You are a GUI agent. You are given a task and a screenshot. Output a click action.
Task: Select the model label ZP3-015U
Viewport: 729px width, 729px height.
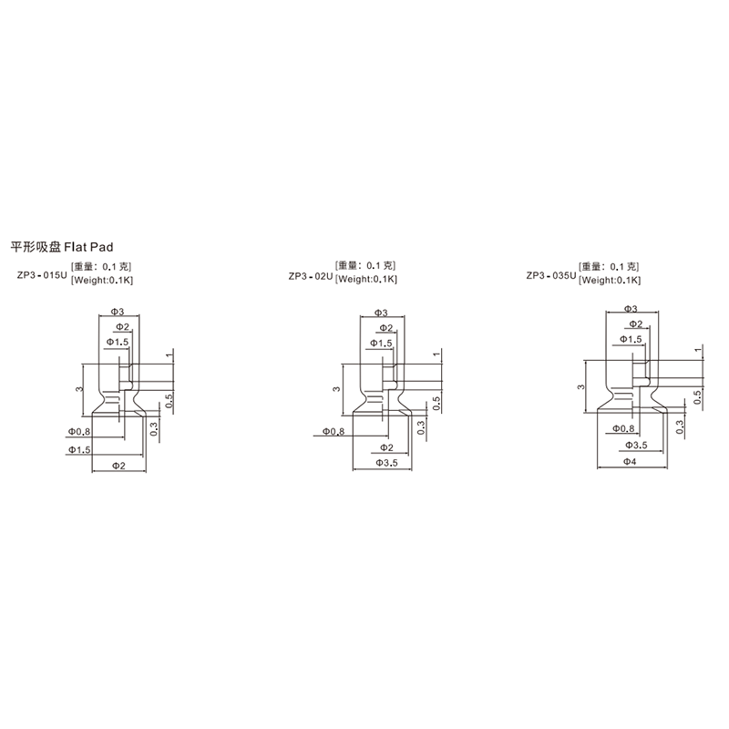coord(42,275)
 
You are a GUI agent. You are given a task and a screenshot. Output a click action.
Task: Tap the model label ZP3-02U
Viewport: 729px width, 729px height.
coord(311,277)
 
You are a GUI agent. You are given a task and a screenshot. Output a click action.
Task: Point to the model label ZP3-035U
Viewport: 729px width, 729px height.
coord(551,276)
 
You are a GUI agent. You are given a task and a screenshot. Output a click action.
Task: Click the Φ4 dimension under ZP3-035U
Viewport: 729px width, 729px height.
coord(630,462)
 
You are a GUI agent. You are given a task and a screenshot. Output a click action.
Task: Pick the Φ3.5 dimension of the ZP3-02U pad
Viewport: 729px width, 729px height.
coord(386,463)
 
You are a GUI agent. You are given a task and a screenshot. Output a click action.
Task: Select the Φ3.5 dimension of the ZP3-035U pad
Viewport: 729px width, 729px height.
coord(636,446)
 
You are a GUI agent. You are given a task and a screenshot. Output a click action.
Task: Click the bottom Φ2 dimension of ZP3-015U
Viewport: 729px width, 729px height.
coord(119,466)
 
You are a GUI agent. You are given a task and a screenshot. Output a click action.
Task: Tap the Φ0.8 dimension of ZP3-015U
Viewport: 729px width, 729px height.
coord(79,431)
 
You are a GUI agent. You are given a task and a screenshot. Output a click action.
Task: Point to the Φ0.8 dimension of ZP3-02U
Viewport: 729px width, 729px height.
coord(334,432)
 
